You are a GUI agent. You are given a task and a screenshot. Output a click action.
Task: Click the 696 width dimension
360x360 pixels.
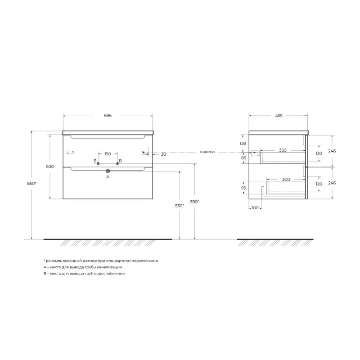click(x=108, y=116)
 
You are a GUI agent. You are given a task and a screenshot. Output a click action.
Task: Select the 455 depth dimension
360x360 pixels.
click(x=279, y=116)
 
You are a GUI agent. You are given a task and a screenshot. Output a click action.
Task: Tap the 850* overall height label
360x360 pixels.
click(x=31, y=184)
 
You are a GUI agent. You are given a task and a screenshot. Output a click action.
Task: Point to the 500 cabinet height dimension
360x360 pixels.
click(x=50, y=166)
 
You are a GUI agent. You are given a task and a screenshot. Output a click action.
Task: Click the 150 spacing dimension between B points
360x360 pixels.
click(x=108, y=154)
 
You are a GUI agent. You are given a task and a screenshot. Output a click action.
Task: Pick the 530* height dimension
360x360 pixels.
click(x=180, y=206)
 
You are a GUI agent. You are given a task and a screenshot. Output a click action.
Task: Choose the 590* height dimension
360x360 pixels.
click(x=195, y=202)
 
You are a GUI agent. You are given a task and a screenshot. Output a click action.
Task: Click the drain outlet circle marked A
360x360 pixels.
click(x=108, y=171)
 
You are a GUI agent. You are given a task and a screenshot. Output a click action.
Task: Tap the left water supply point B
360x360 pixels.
click(x=98, y=163)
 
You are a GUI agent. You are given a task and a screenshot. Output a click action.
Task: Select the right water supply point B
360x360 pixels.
click(x=117, y=163)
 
